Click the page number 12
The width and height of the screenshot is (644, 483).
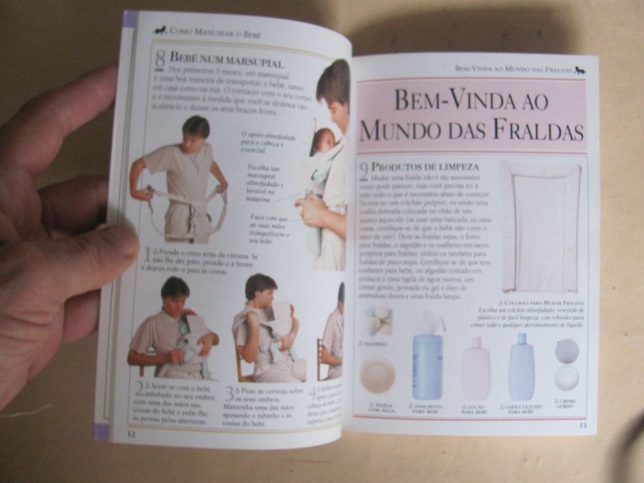point(130,434)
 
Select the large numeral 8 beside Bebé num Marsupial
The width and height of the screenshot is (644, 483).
point(159,60)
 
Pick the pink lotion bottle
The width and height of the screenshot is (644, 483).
point(476,368)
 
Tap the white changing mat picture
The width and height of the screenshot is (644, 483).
point(540,226)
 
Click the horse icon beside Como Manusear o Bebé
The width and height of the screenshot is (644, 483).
point(160,30)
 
